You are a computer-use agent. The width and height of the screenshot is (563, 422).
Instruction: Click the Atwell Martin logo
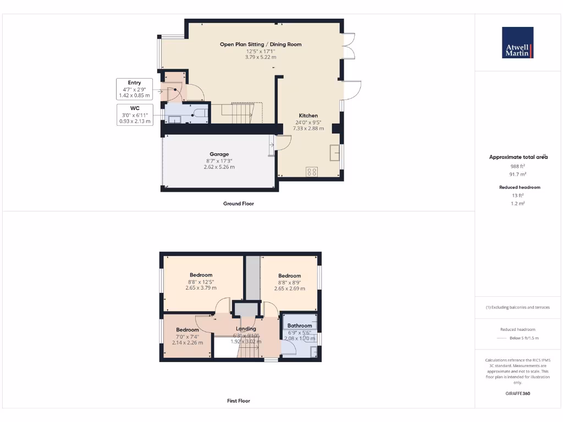point(517,43)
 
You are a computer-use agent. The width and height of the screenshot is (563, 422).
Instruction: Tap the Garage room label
point(219,154)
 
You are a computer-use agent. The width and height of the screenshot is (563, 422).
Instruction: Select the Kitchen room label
point(308,115)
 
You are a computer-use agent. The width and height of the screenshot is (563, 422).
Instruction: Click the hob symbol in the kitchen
point(311,171)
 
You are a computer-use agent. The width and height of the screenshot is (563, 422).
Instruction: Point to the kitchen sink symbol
point(334,152)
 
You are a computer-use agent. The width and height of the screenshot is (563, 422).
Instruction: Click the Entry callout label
point(134,83)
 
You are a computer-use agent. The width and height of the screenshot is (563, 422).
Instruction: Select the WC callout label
point(134,108)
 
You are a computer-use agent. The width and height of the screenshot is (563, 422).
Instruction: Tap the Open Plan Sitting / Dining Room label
point(261,44)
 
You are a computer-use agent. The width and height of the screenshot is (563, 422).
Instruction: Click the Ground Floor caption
point(238,203)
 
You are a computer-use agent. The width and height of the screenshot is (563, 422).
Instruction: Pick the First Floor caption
point(238,401)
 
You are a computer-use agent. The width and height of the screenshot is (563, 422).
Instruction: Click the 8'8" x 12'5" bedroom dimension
point(201,281)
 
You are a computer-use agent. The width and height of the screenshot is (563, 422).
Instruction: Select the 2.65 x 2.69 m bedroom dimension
point(289,288)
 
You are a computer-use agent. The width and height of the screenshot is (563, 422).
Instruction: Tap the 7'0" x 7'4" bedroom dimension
point(187,336)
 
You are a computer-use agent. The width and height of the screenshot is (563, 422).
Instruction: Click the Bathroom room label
point(300,326)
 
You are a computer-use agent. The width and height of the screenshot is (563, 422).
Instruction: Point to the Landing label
point(246,329)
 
